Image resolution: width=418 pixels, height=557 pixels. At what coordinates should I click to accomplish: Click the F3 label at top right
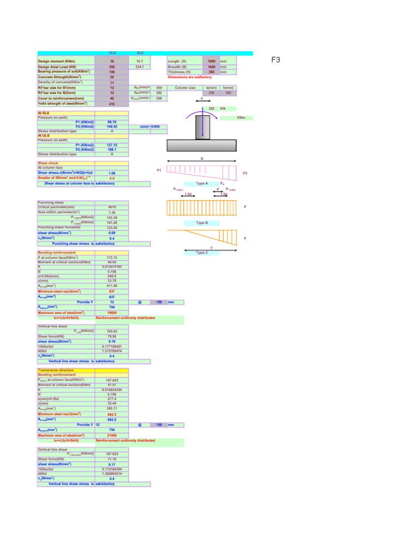pos(275,60)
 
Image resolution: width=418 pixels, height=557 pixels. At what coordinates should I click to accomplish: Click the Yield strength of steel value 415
pos(112,103)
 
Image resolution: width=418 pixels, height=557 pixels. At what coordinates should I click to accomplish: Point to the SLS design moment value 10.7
pos(140,61)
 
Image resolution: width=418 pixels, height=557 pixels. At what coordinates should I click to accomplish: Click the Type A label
pos(202,184)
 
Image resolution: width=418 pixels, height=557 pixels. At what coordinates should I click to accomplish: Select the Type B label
pos(202,223)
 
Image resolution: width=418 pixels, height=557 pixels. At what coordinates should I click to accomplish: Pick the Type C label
pos(202,252)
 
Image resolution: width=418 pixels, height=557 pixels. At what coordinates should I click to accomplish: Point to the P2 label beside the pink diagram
pos(245,173)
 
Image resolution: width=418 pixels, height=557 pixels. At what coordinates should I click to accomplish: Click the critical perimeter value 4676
pos(112,207)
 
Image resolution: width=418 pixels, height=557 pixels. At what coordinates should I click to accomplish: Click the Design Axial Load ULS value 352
pos(112,66)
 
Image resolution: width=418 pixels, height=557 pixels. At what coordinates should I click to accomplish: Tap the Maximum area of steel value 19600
pos(112,313)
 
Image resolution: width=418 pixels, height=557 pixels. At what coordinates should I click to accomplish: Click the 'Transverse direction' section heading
pos(57,370)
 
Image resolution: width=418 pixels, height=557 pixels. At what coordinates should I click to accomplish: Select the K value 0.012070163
pos(112,267)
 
